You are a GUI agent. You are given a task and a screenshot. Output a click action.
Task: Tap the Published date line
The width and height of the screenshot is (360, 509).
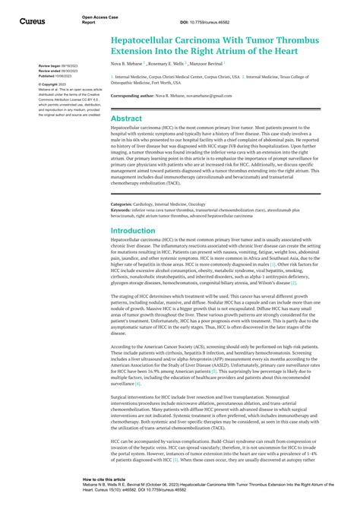point(51,76)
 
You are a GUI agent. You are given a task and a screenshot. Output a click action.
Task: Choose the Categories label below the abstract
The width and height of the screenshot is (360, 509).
point(122,183)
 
